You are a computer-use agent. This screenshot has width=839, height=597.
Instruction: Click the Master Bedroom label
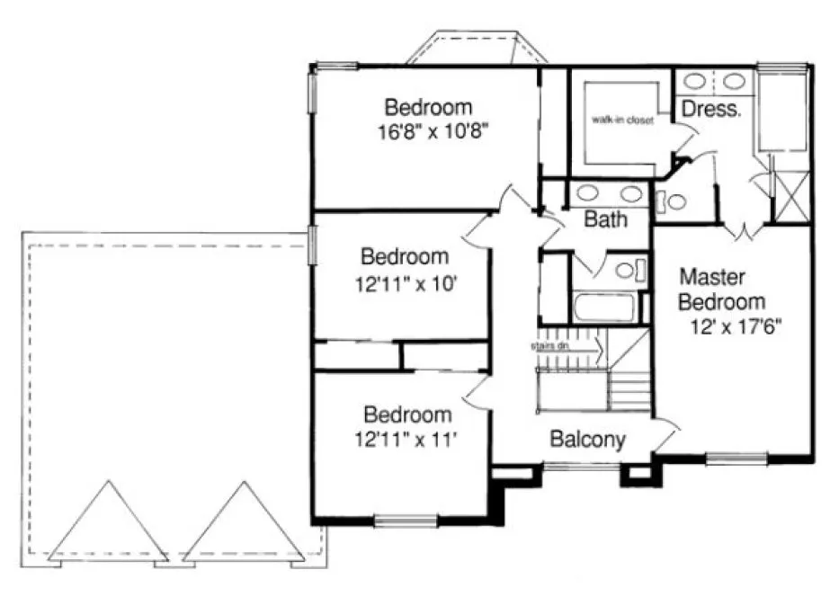(722, 289)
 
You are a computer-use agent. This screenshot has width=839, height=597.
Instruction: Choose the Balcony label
(587, 440)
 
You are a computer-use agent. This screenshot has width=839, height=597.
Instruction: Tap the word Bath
(605, 218)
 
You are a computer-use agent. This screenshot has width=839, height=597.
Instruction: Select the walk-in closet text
(621, 120)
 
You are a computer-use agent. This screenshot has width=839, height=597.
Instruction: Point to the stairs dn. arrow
(566, 344)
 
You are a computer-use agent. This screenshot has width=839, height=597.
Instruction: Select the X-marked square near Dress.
(790, 196)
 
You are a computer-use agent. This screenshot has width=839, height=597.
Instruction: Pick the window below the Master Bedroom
(736, 459)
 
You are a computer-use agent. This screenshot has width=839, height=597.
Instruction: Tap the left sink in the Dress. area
(694, 81)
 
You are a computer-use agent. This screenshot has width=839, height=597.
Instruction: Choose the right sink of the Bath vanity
(630, 192)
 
